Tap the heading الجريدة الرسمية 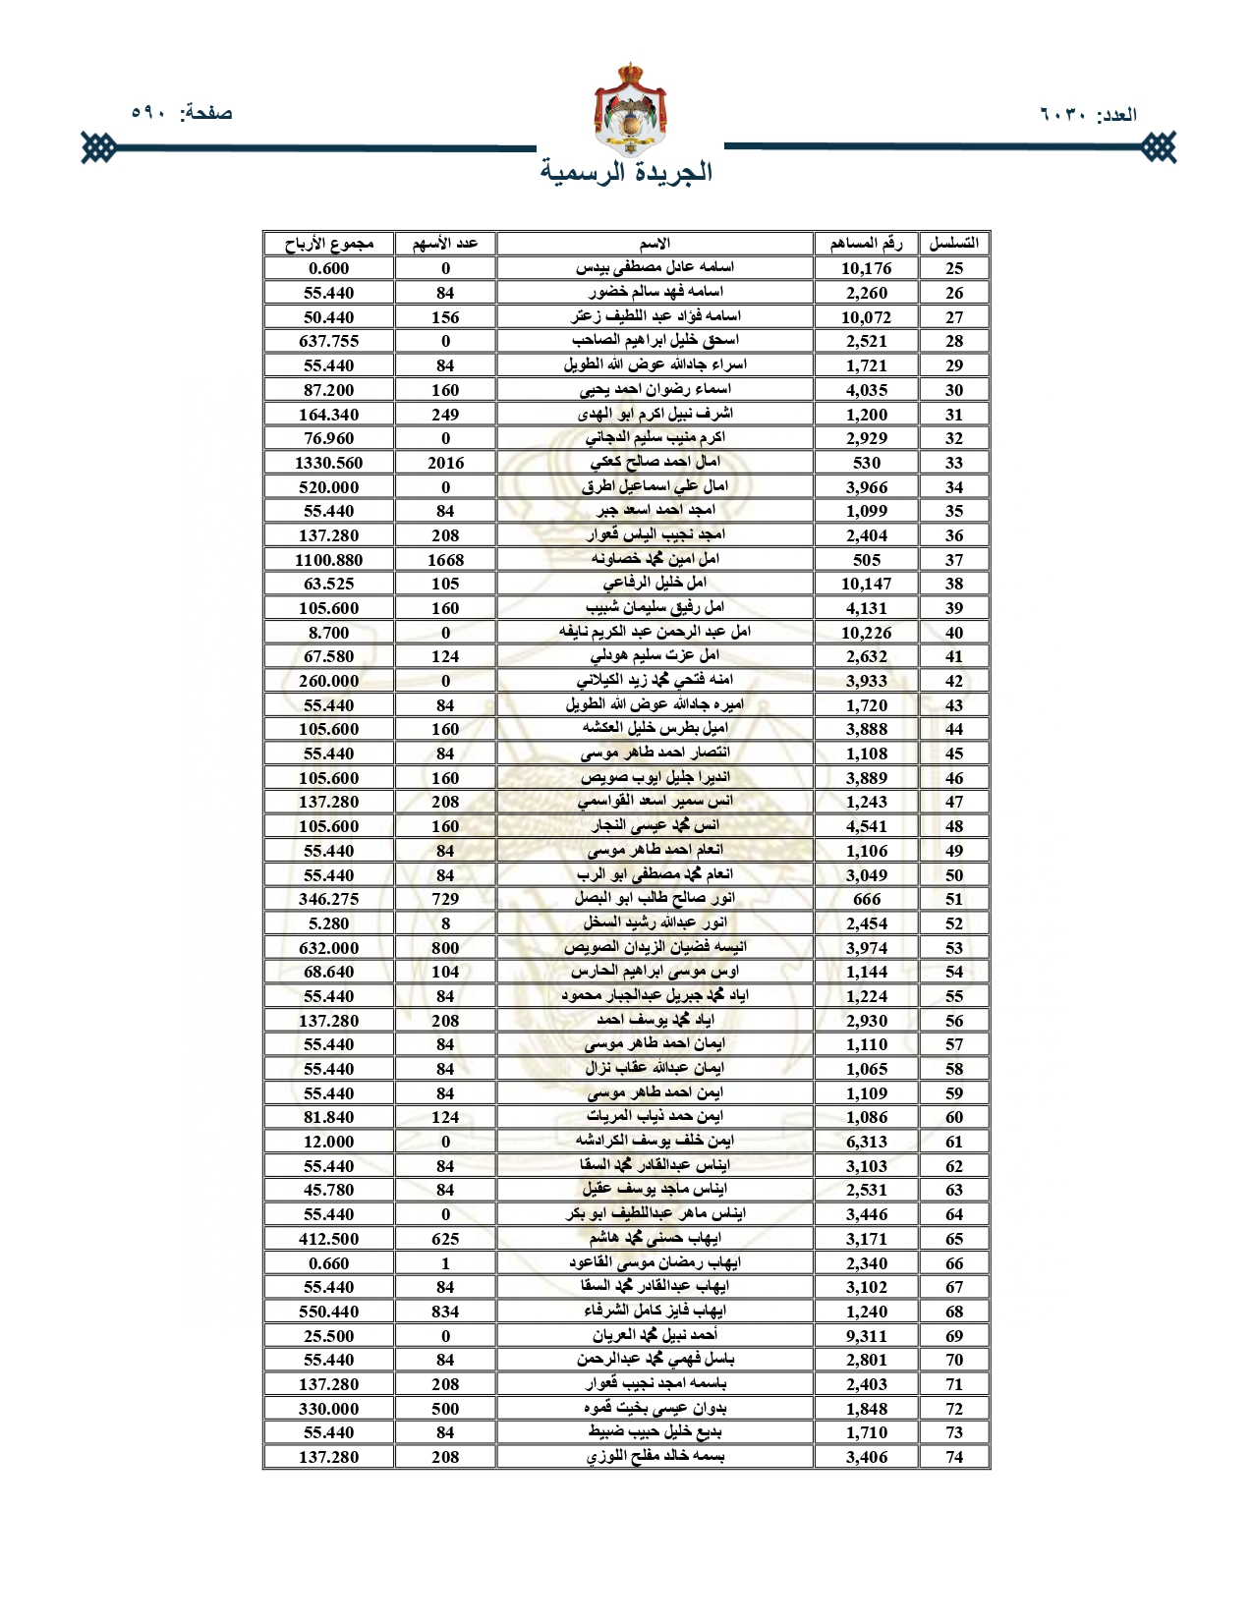(x=626, y=172)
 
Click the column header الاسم (x=655, y=244)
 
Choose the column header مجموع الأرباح (x=328, y=244)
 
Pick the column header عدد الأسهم (x=445, y=244)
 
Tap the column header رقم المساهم (x=866, y=244)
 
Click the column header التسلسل (x=953, y=244)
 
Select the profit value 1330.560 (x=328, y=463)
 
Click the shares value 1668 (x=445, y=560)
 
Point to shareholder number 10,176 (x=866, y=268)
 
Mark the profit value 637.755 (x=328, y=341)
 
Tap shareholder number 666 (x=866, y=899)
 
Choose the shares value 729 (x=445, y=899)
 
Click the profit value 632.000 (x=328, y=948)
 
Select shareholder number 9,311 (x=866, y=1336)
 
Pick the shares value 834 (x=445, y=1312)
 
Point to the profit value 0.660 (x=328, y=1263)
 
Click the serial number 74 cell (x=953, y=1457)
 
